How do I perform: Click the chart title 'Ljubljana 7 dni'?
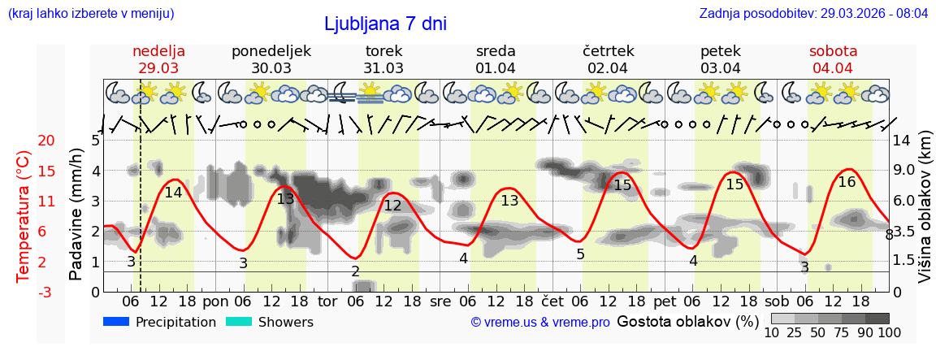(x=385, y=24)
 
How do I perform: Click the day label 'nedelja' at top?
(x=159, y=51)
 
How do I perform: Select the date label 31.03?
(x=383, y=68)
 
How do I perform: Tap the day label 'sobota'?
(x=833, y=51)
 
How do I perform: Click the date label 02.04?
(x=608, y=68)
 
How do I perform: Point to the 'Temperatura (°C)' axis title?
(x=24, y=216)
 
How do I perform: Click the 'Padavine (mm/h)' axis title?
(x=76, y=215)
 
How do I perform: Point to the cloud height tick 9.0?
(x=904, y=171)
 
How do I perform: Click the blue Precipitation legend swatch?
(x=116, y=322)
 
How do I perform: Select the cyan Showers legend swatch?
(x=238, y=322)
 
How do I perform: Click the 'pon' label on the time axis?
(x=215, y=301)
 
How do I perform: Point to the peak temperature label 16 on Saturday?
(x=847, y=182)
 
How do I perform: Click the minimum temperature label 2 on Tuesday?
(x=355, y=271)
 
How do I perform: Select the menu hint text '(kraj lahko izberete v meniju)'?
(x=91, y=13)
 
